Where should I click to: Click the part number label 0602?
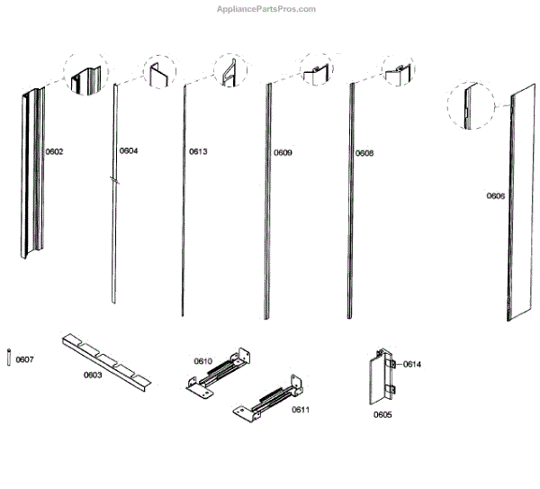click(x=54, y=152)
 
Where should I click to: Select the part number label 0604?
click(x=129, y=151)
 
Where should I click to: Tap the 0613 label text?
click(x=198, y=152)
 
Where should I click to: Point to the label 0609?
click(x=283, y=153)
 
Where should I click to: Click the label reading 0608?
click(x=364, y=153)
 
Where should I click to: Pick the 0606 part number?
click(x=496, y=195)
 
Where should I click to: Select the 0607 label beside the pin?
click(x=25, y=360)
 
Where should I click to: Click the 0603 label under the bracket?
click(x=93, y=375)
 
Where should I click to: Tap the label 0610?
click(x=203, y=361)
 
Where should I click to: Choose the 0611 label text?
click(x=300, y=410)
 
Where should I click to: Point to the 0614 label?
click(x=412, y=364)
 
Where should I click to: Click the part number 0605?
click(x=382, y=416)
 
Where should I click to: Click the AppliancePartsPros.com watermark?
click(x=267, y=9)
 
